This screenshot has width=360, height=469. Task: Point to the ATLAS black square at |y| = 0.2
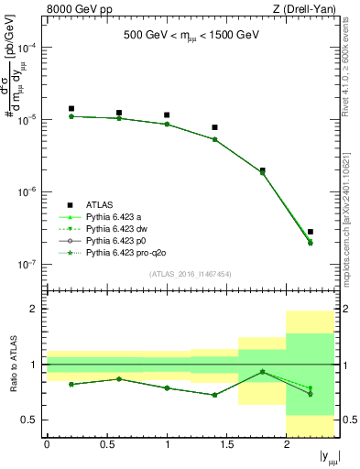[x=71, y=109]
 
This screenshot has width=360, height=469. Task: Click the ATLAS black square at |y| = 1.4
[x=214, y=127]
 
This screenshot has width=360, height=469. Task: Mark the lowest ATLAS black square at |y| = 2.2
[x=311, y=232]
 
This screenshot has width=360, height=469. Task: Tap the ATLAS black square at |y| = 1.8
[x=263, y=170]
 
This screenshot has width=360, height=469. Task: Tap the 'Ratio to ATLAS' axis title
[x=12, y=365]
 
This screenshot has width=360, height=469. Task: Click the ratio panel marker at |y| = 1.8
[x=263, y=371]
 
